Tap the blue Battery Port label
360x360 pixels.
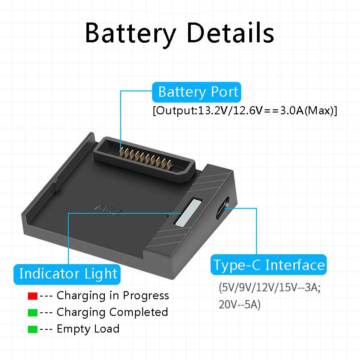198,92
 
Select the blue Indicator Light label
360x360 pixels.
68,274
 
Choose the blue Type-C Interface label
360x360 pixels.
269,265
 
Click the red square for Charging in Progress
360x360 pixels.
32,296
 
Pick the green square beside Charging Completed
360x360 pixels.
32,312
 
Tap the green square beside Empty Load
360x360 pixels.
32,329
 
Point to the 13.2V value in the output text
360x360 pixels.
210,111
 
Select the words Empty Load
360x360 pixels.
88,329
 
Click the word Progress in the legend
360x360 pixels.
146,296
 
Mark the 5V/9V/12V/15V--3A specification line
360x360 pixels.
270,288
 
